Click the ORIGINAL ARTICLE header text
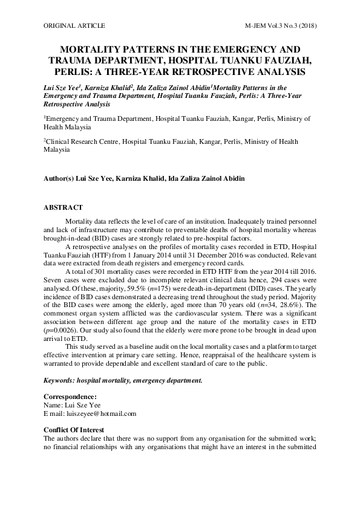tap(74, 26)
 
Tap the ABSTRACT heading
tap(63, 207)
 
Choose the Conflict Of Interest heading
tap(78, 430)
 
